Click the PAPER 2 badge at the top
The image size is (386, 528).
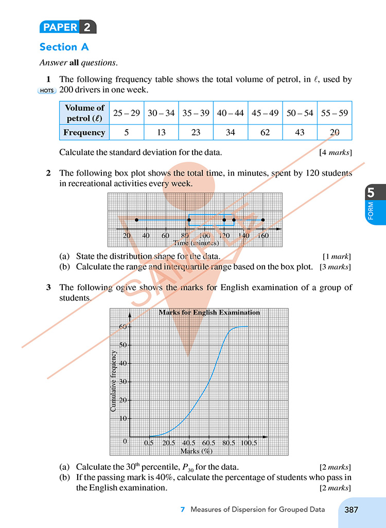pos(67,27)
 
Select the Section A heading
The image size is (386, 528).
pos(64,47)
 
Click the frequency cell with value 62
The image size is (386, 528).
pos(265,132)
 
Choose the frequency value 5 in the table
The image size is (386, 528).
pos(127,132)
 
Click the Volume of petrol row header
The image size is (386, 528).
pos(84,113)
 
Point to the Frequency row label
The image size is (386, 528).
pos(84,132)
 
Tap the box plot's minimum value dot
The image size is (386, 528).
pos(136,220)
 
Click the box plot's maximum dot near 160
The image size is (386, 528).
pos(263,220)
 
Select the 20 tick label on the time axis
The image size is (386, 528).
pos(127,236)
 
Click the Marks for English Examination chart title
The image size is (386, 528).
pos(209,312)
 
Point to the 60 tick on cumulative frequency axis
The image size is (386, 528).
pos(124,326)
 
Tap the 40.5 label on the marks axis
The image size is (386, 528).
pos(189,443)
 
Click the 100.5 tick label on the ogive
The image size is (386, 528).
pos(249,443)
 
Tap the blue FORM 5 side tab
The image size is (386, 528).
pos(371,204)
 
